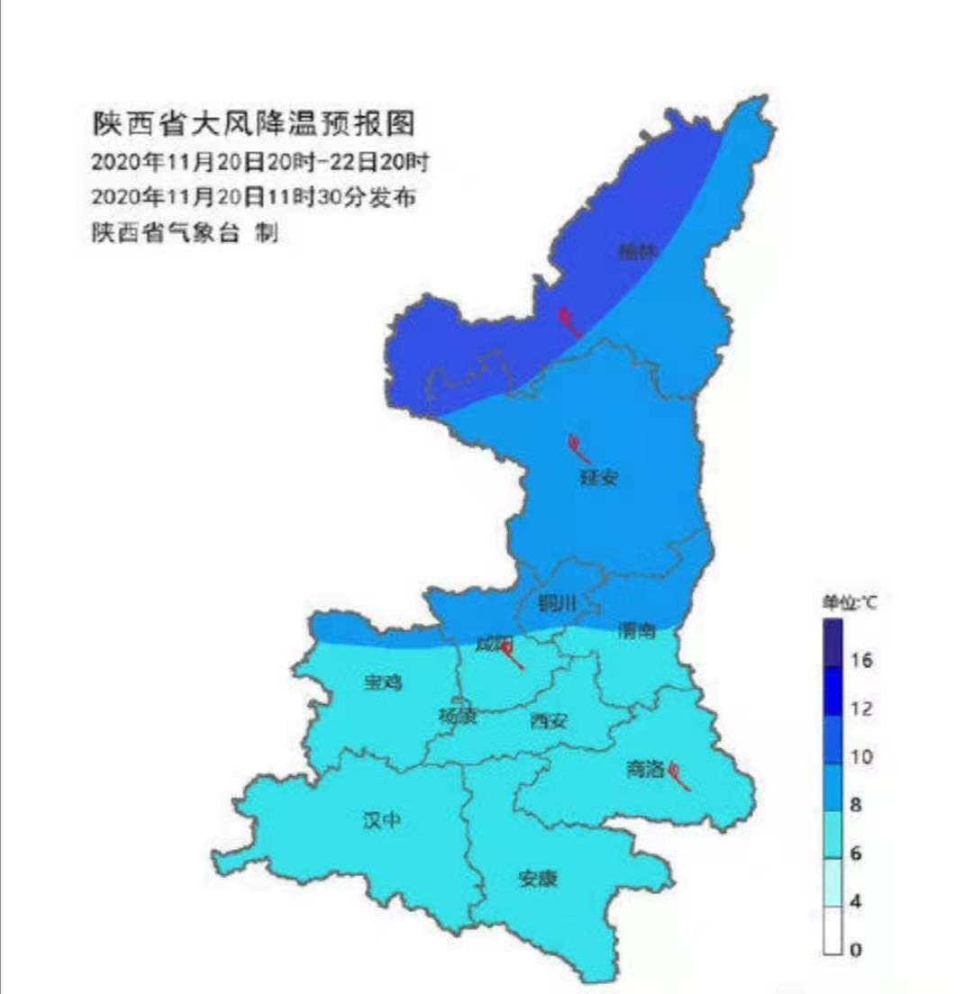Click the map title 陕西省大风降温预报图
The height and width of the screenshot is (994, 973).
coord(253,123)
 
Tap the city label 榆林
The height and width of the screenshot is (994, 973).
coord(637,253)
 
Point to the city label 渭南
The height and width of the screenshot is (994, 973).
coord(636,630)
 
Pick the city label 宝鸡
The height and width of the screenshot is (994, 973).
coord(384,682)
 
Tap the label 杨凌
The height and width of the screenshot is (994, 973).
coord(458,717)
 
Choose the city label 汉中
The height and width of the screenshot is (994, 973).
coord(381,820)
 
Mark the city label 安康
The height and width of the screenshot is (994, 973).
coord(538,878)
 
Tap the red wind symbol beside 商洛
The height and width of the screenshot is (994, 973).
coord(681,777)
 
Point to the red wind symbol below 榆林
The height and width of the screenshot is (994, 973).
coord(569,321)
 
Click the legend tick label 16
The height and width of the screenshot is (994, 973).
coord(862,661)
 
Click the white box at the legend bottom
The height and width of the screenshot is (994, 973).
coord(832,930)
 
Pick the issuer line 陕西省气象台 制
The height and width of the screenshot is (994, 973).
coord(184,232)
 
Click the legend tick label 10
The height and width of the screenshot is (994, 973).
coord(862,757)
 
